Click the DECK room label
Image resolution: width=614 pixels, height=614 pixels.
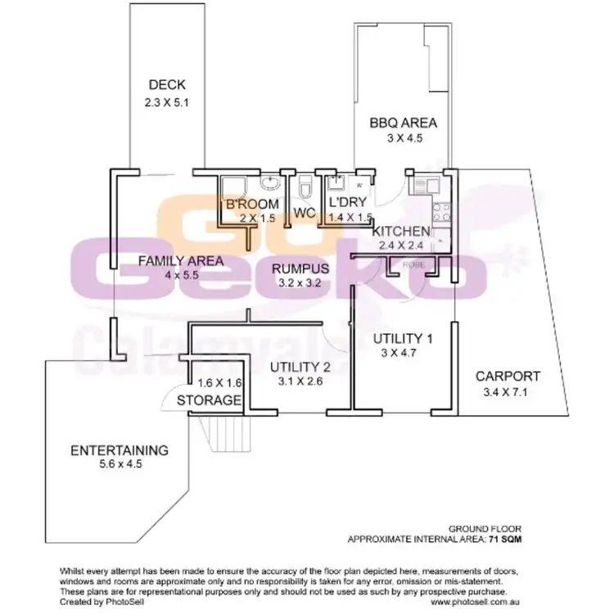tap(167, 84)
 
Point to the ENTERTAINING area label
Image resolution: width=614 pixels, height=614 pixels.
tap(119, 450)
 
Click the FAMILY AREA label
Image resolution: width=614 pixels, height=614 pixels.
tap(169, 261)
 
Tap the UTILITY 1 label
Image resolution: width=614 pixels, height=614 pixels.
tap(402, 339)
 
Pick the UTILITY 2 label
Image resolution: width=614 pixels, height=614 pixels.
tap(300, 366)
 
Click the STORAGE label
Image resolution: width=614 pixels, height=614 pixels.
tap(210, 400)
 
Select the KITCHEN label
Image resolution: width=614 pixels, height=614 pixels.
tap(400, 231)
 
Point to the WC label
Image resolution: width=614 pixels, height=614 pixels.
tap(305, 214)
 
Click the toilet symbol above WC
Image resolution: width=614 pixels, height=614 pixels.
tap(305, 188)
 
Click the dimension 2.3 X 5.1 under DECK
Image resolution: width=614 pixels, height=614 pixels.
tap(167, 104)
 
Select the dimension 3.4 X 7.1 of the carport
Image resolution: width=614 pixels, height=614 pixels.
tap(509, 393)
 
